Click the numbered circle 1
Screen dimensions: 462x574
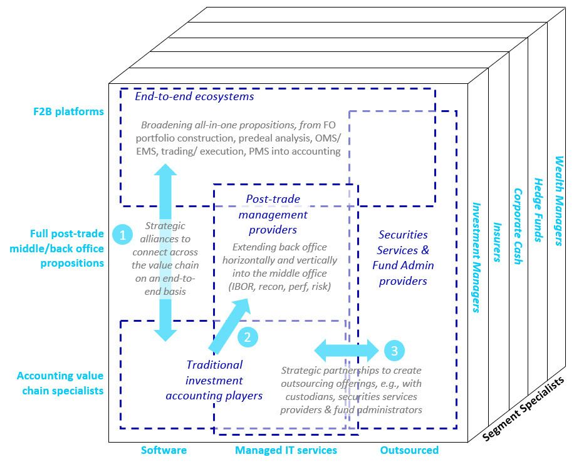tap(123, 235)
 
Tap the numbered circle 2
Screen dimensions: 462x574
tap(248, 337)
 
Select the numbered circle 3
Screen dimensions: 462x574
tap(394, 351)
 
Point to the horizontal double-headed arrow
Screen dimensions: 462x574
tap(347, 351)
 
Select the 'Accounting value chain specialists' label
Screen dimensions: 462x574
tap(60, 383)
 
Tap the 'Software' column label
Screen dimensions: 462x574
tap(164, 450)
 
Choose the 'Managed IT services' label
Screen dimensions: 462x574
tap(286, 450)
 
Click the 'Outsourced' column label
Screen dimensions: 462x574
tap(409, 450)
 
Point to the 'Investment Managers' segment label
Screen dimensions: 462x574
tap(476, 257)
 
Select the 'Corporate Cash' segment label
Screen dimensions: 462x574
tap(518, 227)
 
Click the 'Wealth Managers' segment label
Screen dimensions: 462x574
tap(558, 200)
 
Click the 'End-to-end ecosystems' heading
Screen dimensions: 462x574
tap(194, 96)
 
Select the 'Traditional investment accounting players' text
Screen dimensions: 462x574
tap(214, 380)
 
